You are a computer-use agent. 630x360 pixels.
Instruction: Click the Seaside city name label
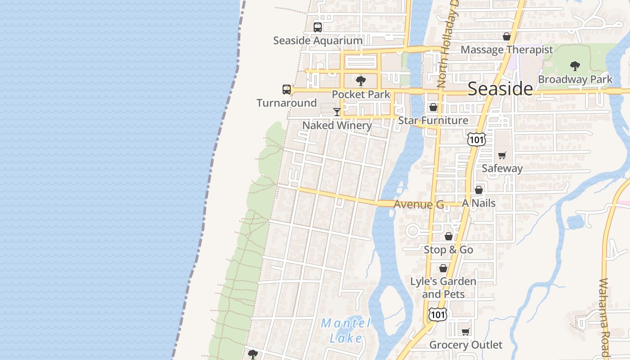click(500, 89)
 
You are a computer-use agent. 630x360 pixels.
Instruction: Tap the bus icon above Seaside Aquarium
click(318, 27)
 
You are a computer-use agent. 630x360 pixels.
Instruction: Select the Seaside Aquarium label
click(318, 40)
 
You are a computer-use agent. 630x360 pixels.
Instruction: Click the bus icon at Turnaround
click(287, 90)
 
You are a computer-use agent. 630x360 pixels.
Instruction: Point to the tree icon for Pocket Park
click(360, 81)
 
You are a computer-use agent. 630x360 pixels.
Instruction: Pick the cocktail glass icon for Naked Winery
click(337, 112)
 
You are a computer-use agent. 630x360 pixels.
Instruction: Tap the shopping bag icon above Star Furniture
click(433, 107)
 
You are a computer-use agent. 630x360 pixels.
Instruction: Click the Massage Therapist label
click(507, 49)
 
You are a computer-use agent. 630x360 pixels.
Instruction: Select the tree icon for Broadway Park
click(575, 66)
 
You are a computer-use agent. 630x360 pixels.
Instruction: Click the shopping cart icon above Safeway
click(502, 155)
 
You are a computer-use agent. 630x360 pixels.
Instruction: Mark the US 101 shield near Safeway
click(476, 139)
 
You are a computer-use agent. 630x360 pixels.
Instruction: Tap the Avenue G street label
click(418, 204)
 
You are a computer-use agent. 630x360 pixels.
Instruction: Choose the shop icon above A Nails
click(479, 190)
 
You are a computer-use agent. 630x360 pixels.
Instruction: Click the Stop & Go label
click(448, 250)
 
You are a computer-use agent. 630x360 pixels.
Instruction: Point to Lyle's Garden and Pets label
click(443, 288)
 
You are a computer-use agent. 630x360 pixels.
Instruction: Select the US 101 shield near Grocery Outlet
click(437, 314)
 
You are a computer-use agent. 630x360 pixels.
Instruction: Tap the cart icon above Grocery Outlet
click(466, 332)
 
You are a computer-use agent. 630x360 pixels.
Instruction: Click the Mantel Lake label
click(346, 331)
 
